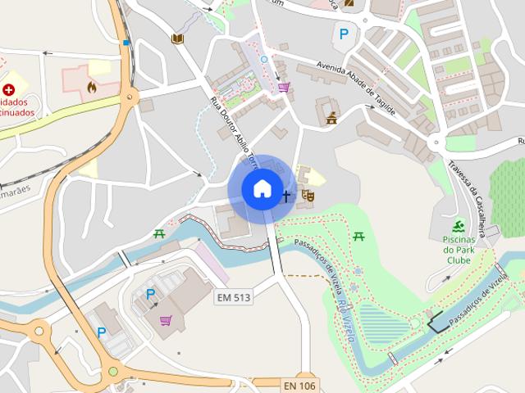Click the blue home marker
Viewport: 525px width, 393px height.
(262, 188)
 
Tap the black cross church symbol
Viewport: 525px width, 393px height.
(286, 196)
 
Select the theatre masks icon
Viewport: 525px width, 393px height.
(308, 195)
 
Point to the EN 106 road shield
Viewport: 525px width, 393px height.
(299, 384)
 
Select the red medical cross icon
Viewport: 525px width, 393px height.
(8, 88)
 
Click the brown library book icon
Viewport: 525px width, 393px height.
(176, 38)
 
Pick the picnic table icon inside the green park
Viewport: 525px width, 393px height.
(358, 237)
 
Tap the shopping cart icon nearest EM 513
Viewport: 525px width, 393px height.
(167, 320)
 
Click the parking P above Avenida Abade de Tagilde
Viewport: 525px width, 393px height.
(344, 34)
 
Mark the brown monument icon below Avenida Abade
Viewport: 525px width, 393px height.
(331, 118)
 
